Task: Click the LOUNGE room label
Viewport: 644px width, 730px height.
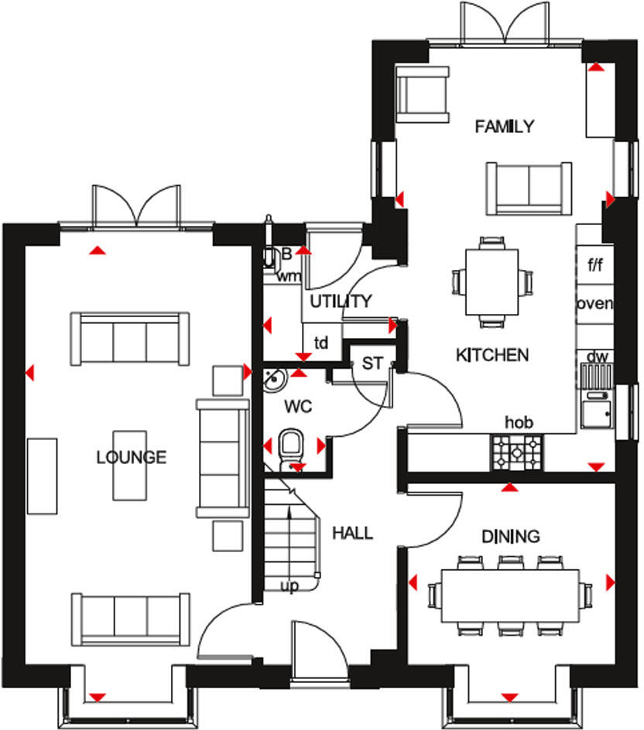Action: [x=131, y=457]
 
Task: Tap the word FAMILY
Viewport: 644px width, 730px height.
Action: [x=505, y=126]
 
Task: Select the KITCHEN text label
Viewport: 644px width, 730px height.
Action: [x=492, y=355]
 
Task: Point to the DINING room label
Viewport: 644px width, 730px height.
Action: [x=510, y=537]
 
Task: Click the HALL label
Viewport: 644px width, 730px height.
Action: [x=352, y=533]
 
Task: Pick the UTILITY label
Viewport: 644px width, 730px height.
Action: [x=341, y=302]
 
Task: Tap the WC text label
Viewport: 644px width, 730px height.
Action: [x=297, y=405]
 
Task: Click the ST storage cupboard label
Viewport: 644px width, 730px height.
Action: [x=372, y=363]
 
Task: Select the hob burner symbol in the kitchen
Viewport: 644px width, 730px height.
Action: [x=517, y=452]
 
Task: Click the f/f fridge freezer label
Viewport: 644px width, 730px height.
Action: [x=595, y=266]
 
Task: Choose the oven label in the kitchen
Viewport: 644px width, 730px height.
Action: [x=595, y=303]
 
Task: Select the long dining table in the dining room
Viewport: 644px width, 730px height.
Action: [x=510, y=595]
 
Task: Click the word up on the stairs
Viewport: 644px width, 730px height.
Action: [x=289, y=586]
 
